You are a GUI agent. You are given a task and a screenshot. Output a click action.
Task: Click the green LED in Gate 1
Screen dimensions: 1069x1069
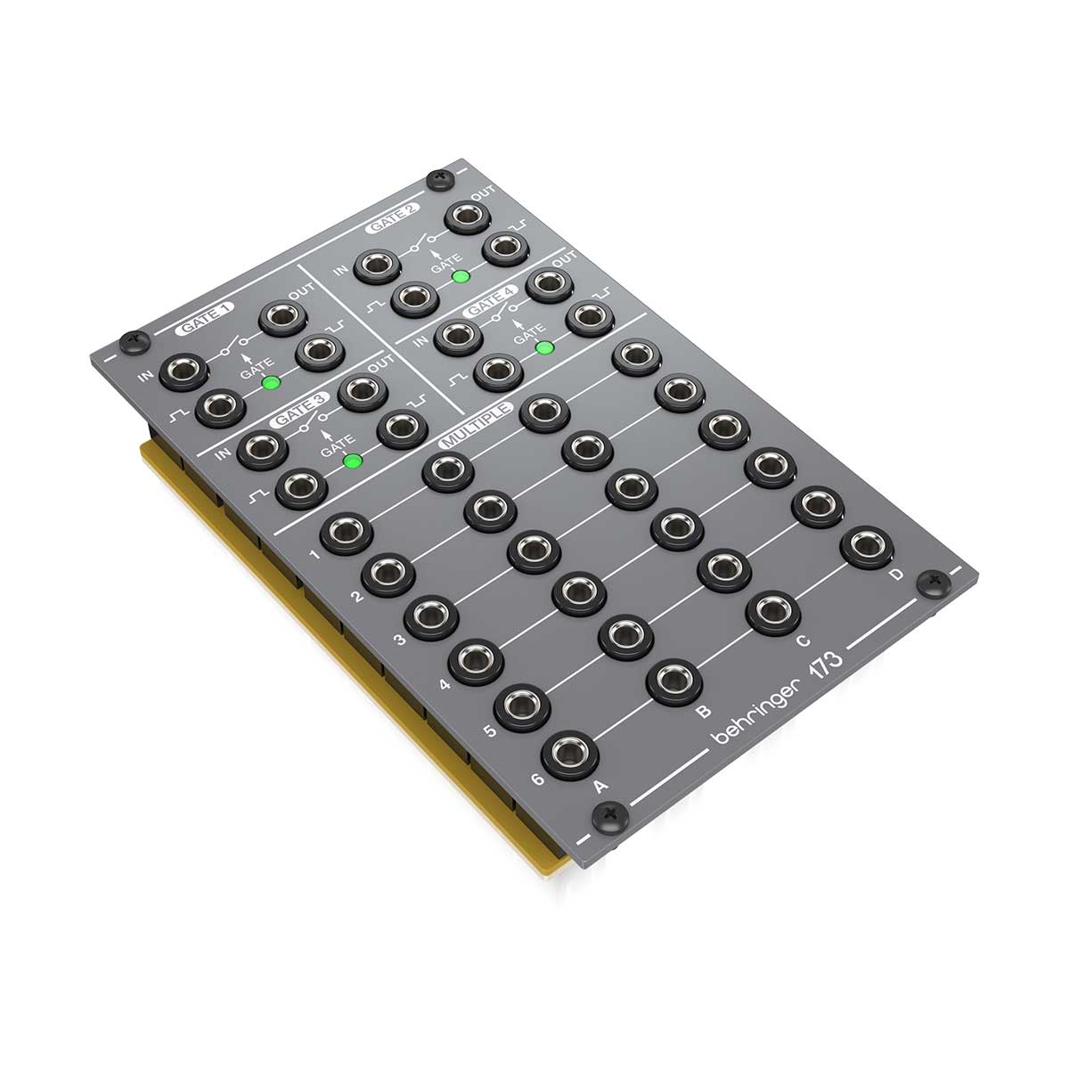(x=270, y=383)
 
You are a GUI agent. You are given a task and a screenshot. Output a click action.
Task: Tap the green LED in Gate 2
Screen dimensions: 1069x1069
(x=461, y=276)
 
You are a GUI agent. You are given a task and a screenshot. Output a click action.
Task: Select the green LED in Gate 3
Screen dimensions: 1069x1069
(x=353, y=461)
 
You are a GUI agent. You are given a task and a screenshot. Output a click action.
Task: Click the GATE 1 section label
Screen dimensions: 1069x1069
(x=205, y=318)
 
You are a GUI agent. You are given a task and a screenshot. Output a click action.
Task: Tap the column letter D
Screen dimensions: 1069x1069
(x=895, y=575)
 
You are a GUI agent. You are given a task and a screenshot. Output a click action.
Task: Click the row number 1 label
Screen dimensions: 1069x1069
(x=314, y=556)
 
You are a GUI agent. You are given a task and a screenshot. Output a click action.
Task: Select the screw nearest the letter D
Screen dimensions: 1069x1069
(x=932, y=583)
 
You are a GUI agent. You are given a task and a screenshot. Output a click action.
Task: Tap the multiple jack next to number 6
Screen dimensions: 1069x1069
(x=569, y=755)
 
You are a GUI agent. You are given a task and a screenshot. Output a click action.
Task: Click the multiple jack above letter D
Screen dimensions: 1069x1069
(x=866, y=545)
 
